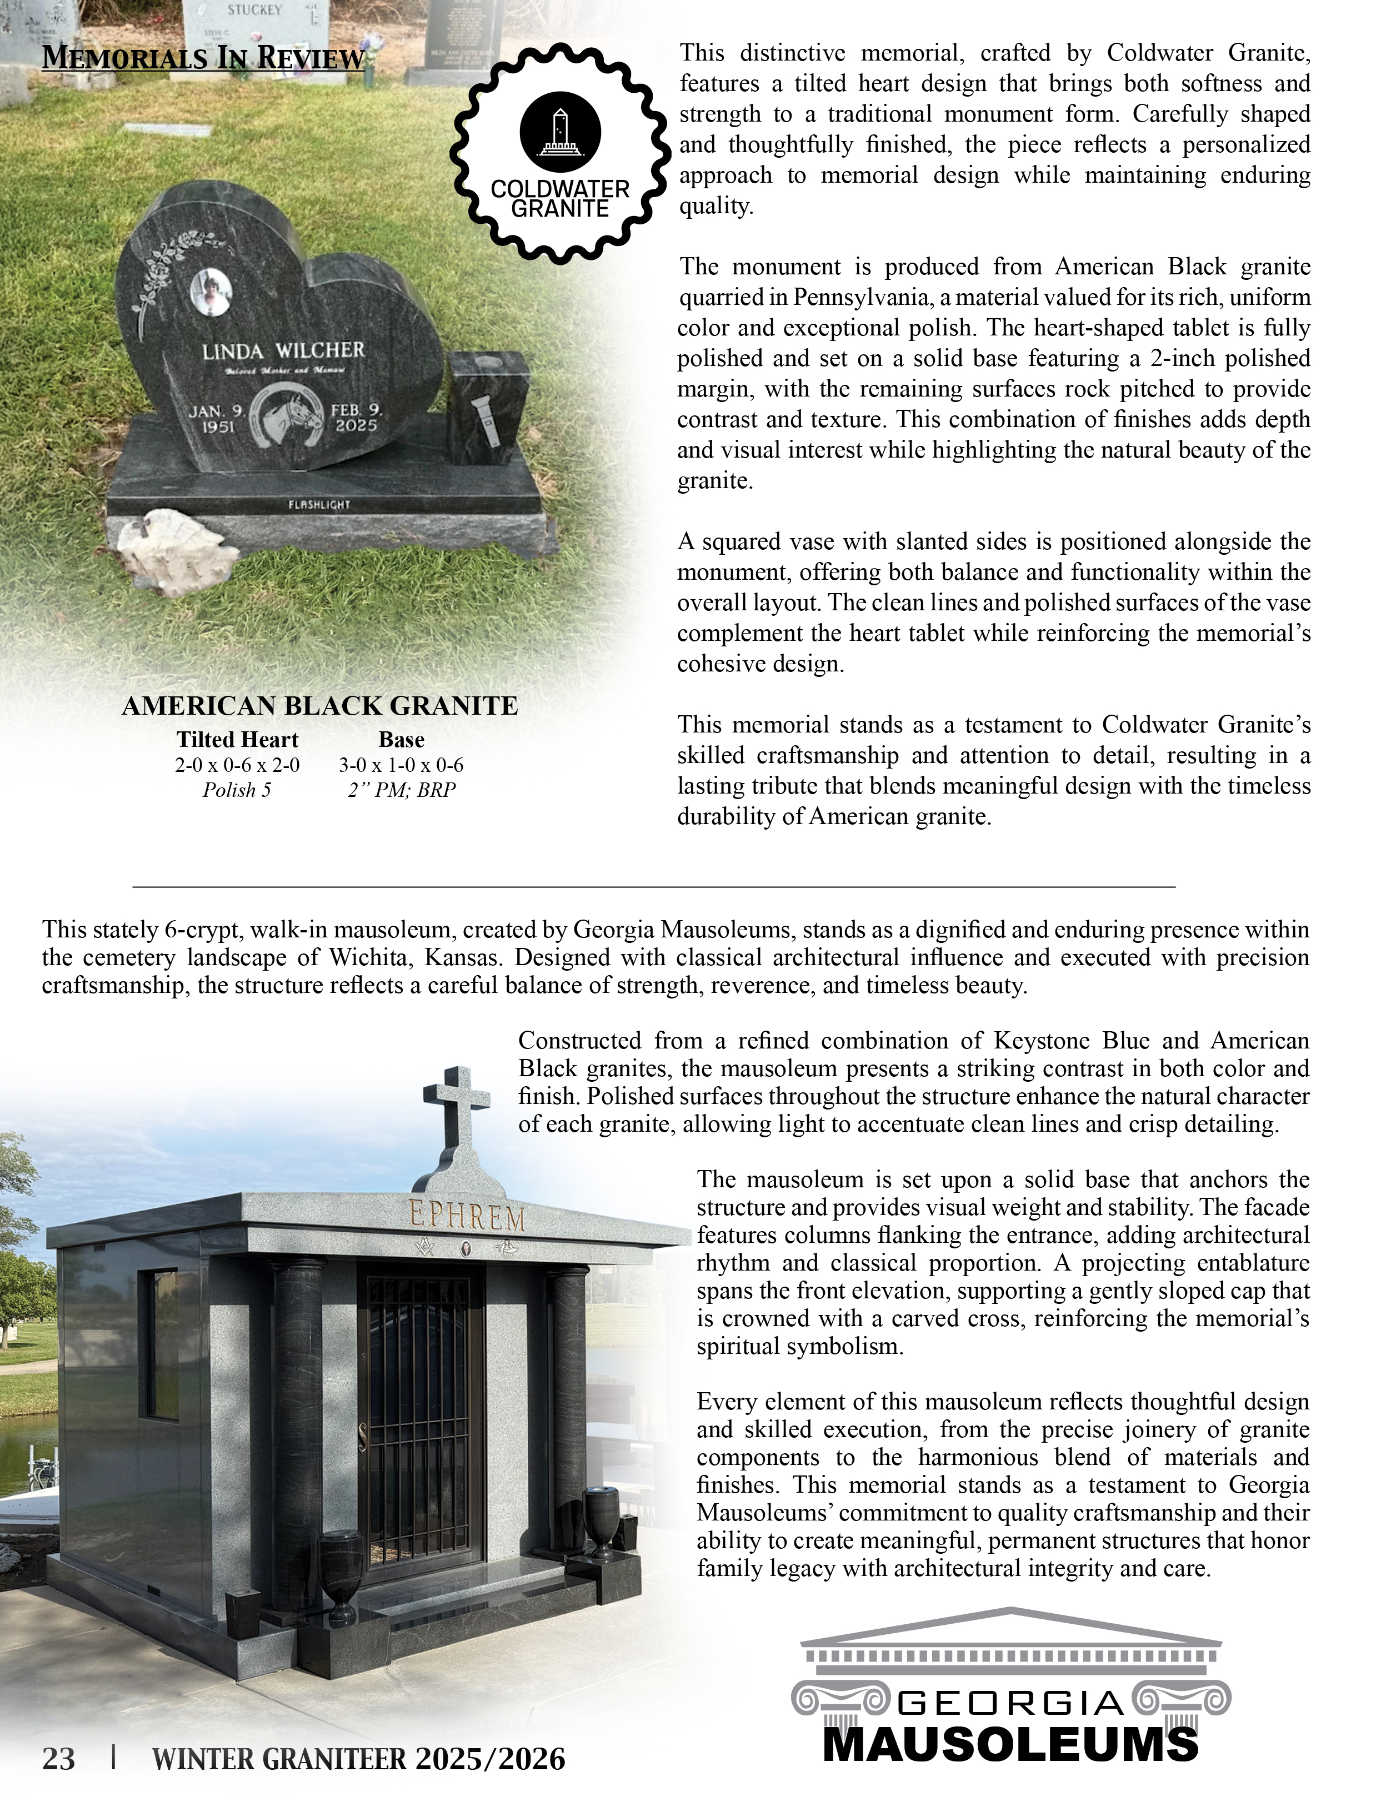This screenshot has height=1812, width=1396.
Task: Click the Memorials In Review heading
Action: [203, 58]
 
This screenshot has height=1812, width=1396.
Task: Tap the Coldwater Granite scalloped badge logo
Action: [560, 153]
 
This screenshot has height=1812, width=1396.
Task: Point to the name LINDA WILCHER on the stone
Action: [283, 351]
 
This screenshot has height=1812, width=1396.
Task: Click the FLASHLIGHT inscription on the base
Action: [319, 504]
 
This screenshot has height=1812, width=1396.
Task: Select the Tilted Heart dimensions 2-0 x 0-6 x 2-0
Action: [237, 765]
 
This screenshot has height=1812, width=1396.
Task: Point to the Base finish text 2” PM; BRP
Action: [402, 790]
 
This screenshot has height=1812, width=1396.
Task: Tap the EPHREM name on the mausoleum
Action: [467, 1218]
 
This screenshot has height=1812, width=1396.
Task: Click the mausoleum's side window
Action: [162, 1342]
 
